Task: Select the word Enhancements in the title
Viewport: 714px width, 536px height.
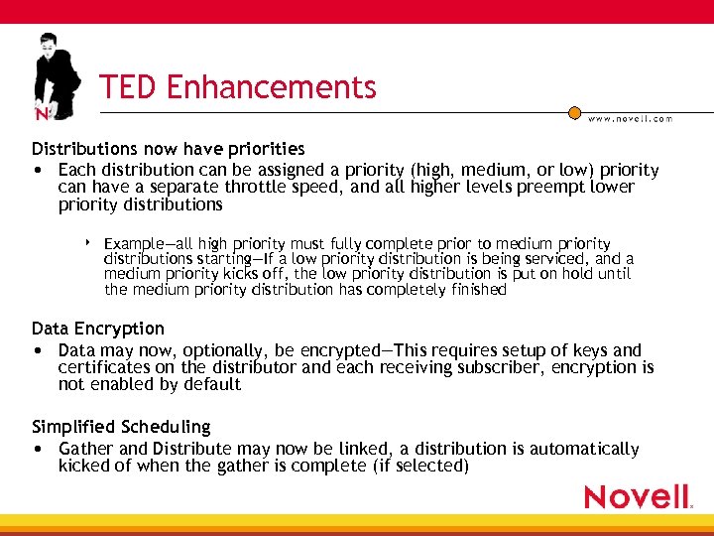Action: click(271, 87)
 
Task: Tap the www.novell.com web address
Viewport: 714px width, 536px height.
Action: click(630, 118)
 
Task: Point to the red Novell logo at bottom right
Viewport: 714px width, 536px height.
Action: click(638, 496)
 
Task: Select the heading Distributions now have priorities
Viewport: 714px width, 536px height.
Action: click(168, 149)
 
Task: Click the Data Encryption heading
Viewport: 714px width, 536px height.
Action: click(98, 329)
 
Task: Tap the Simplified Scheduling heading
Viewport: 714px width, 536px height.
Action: click(121, 427)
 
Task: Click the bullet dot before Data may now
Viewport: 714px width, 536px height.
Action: click(37, 350)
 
